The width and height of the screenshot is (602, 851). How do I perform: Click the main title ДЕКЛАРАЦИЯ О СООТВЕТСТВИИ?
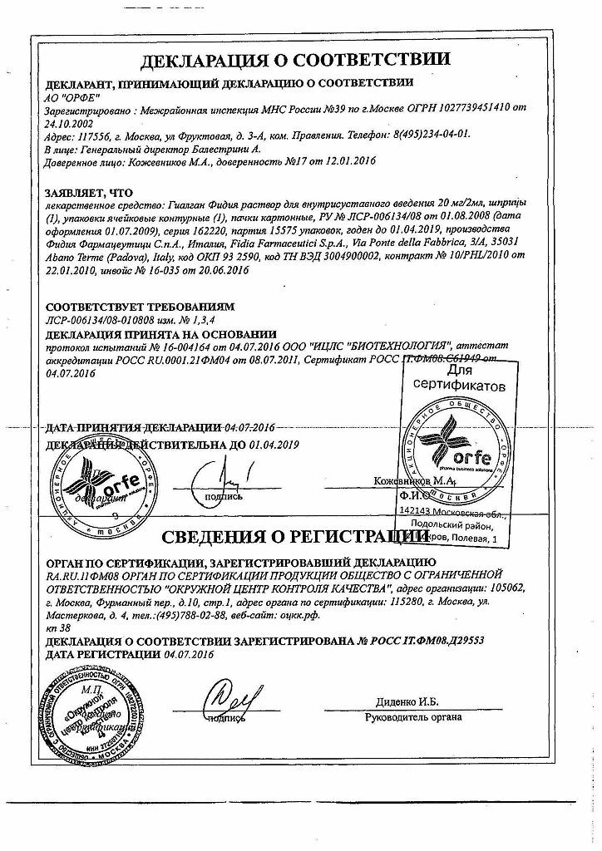pyautogui.click(x=295, y=60)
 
